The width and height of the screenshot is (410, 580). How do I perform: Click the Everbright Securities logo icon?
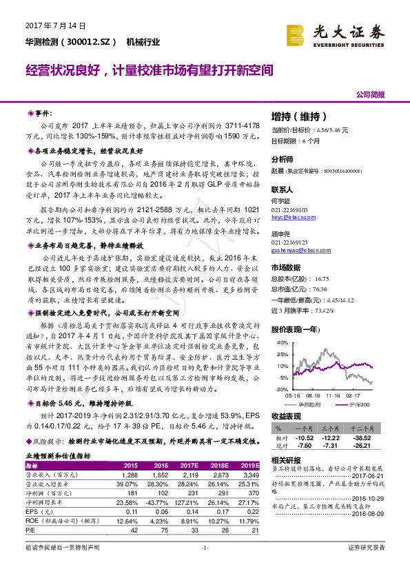coord(297,34)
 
